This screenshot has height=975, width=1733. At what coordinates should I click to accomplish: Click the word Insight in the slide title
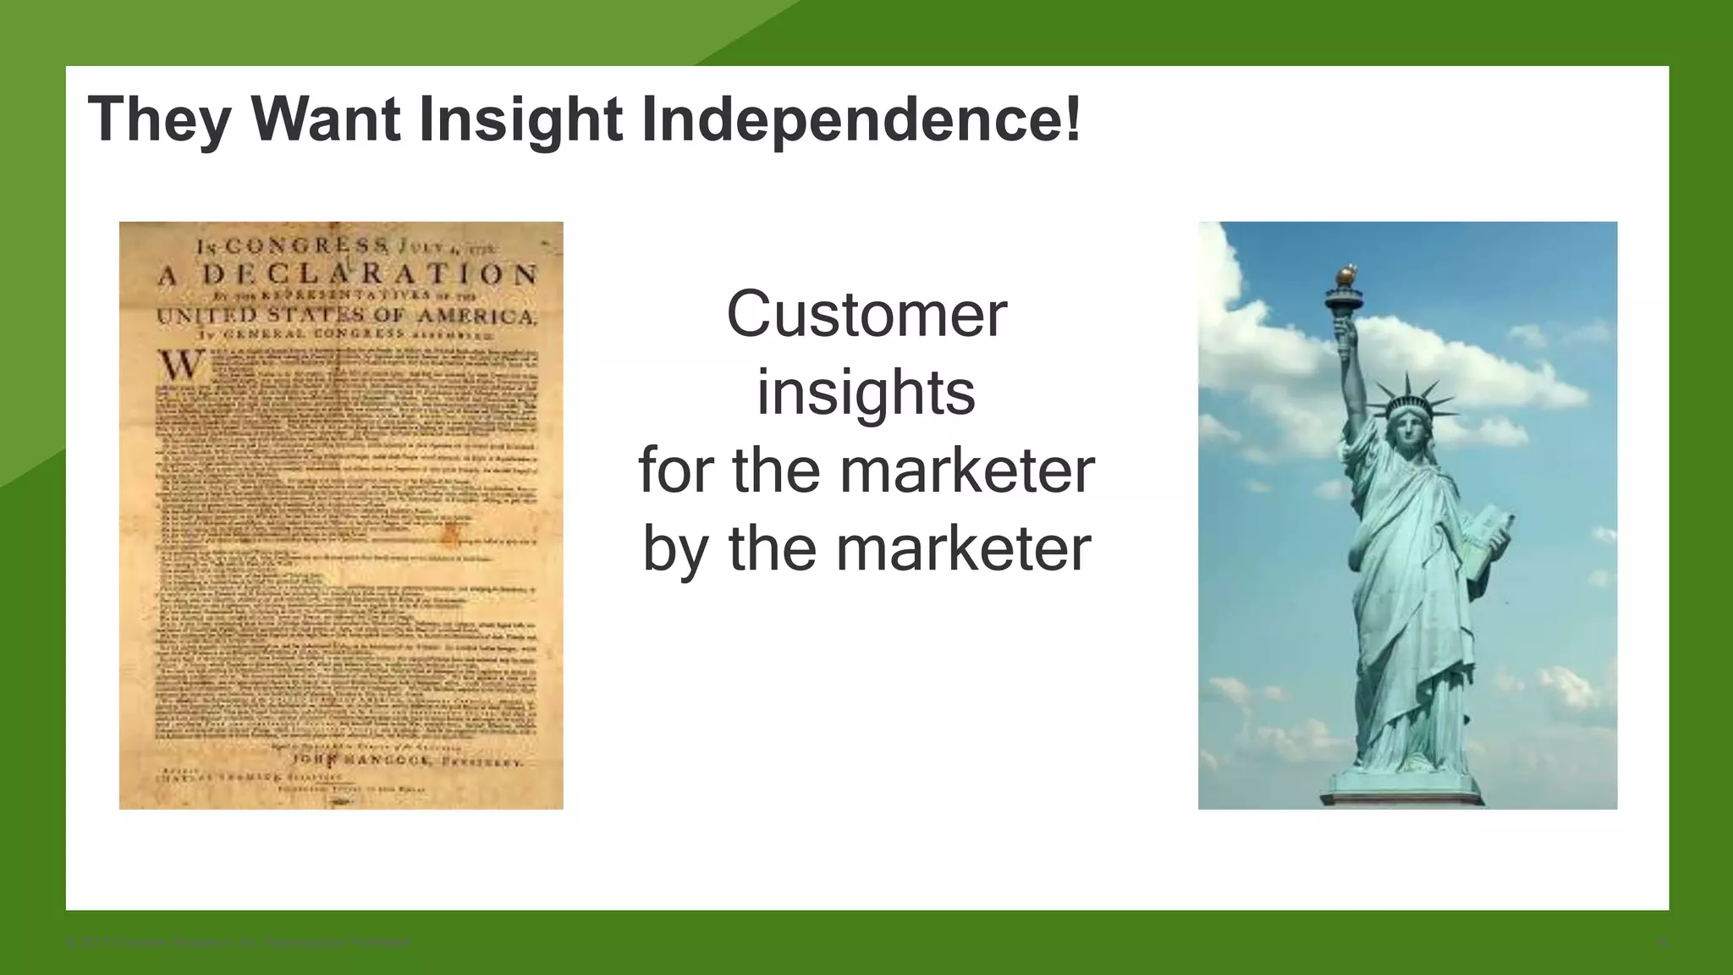521,119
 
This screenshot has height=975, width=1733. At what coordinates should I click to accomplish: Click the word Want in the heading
325,119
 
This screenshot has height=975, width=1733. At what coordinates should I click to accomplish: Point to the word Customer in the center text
866,314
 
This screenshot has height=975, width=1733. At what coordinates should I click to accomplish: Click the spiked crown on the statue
1411,399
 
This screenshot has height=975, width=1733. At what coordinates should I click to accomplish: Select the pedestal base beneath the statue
1405,791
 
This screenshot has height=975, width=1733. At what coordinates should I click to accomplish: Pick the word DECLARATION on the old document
369,275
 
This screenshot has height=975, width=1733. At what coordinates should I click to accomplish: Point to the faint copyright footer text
238,942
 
